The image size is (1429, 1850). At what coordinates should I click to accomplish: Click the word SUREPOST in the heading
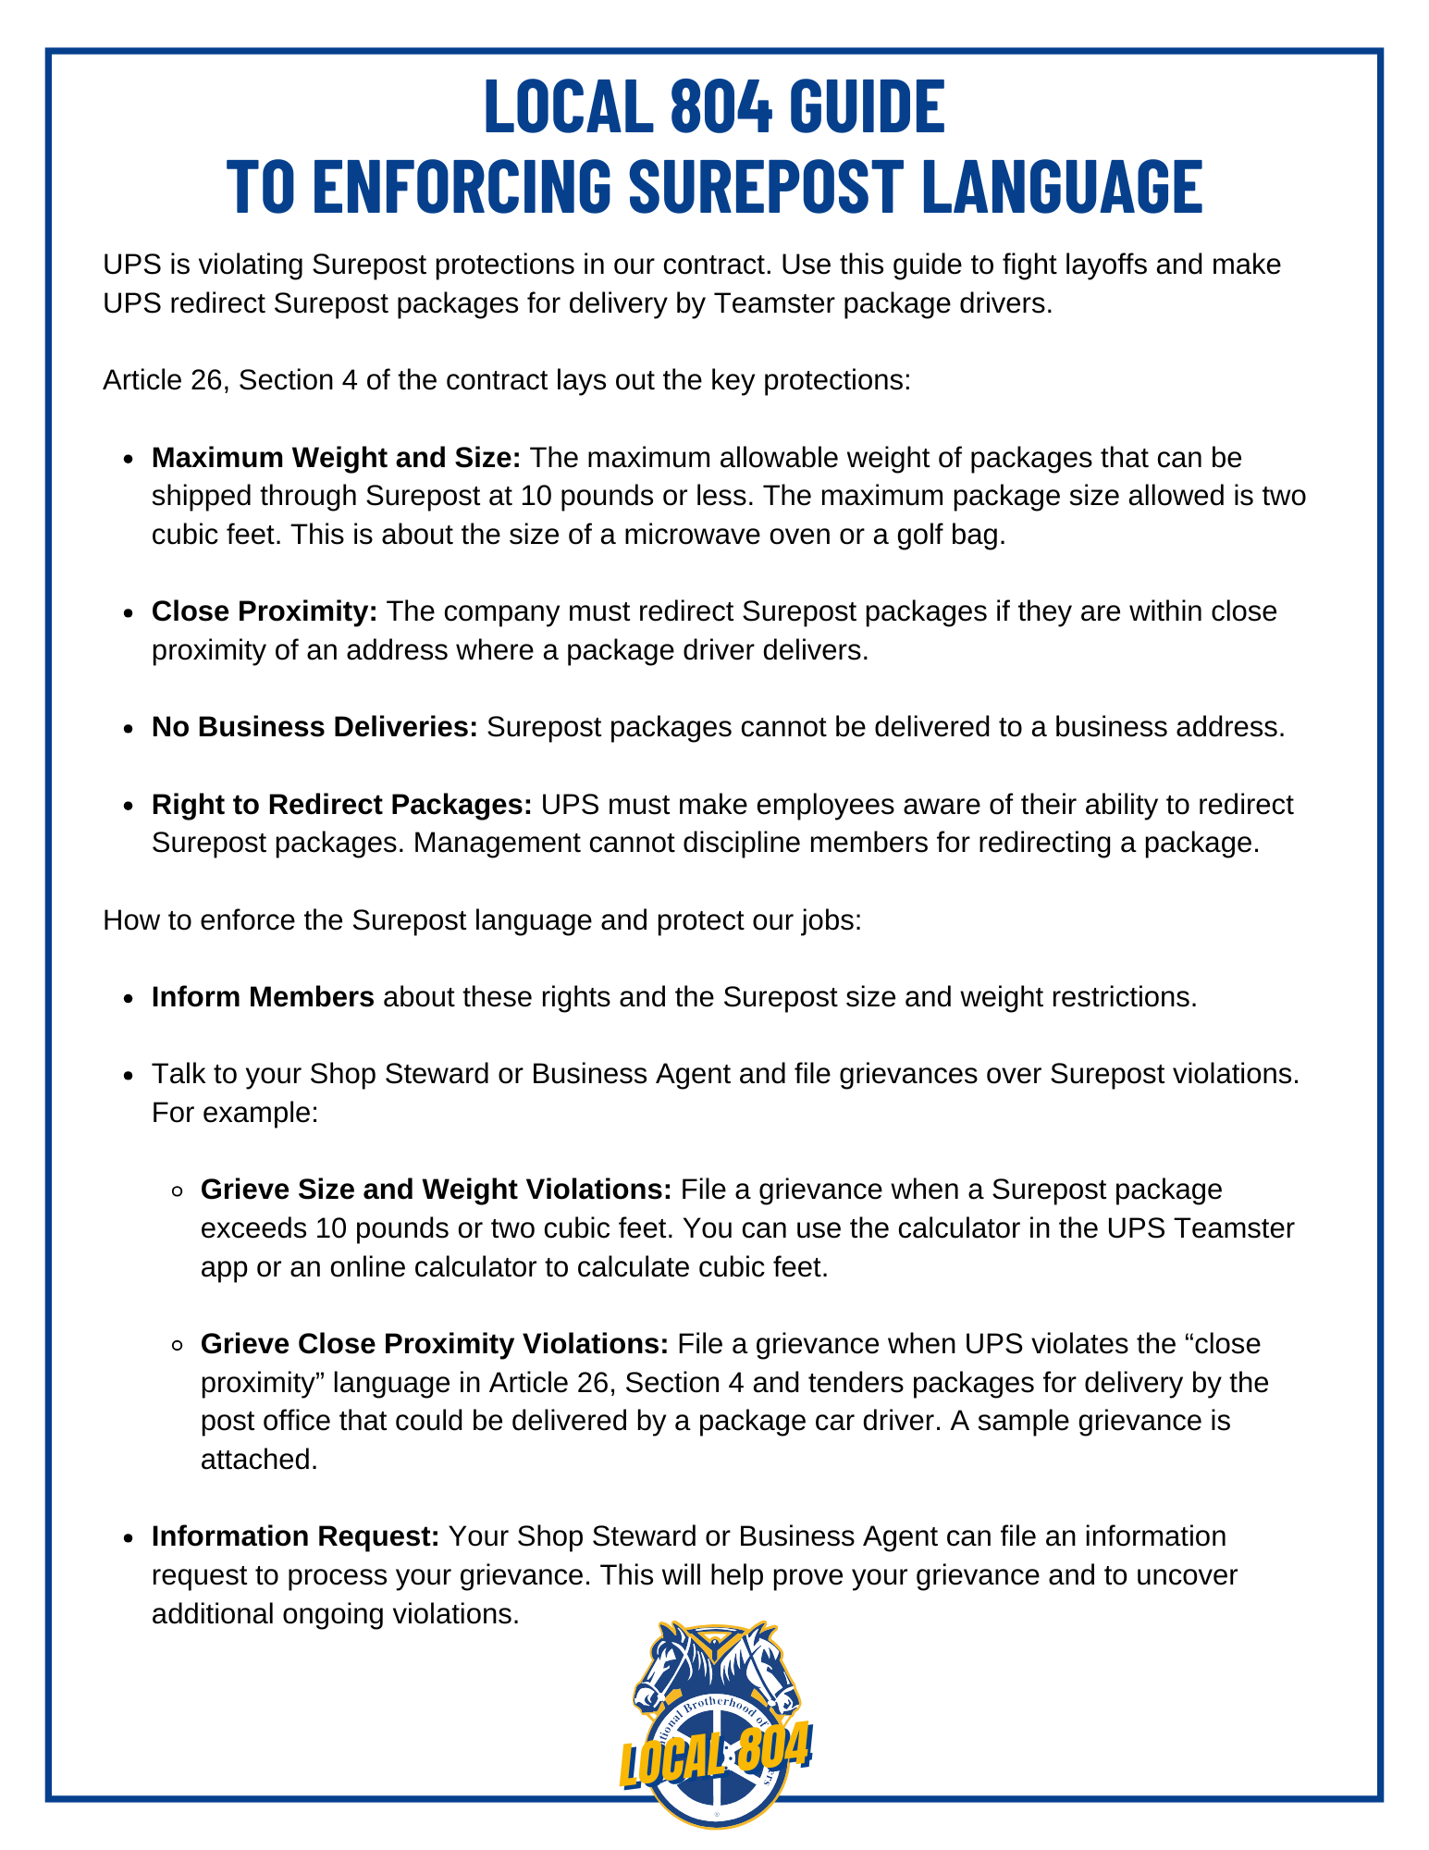(765, 185)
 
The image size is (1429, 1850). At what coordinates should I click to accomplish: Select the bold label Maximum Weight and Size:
(337, 458)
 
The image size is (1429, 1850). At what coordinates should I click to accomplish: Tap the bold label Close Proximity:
(265, 611)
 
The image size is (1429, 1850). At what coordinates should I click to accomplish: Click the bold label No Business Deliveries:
(314, 727)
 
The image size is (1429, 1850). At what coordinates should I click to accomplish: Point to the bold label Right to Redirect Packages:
(341, 805)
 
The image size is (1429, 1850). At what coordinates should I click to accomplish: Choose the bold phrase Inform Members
(263, 997)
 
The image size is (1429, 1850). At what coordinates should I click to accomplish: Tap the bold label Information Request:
(295, 1536)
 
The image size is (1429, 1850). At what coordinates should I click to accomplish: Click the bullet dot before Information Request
(129, 1537)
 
